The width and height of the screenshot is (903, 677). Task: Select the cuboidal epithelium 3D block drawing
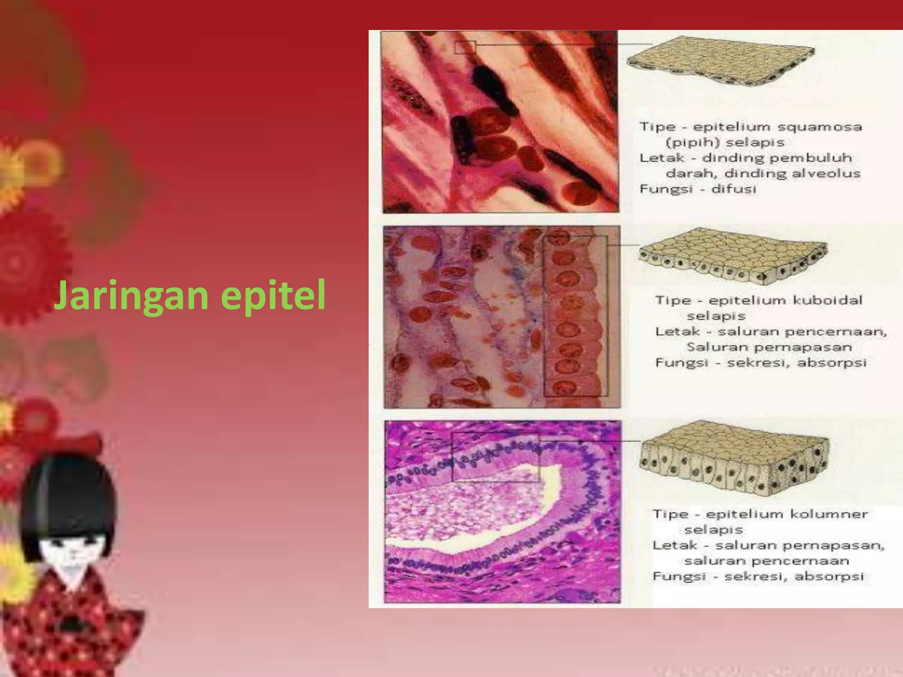point(732,256)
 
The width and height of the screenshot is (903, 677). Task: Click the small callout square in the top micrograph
point(465,47)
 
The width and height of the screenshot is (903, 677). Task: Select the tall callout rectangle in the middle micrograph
point(575,316)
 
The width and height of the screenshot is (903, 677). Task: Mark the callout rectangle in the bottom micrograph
point(496,457)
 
